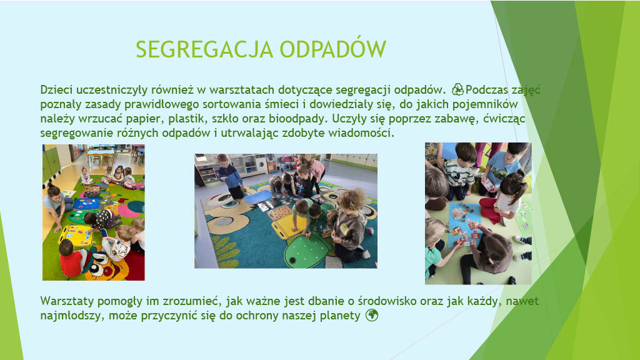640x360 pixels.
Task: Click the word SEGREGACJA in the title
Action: click(204, 49)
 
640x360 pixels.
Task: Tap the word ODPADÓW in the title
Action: click(332, 49)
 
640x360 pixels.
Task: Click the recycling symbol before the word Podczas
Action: click(457, 89)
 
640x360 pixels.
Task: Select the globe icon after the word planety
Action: click(372, 315)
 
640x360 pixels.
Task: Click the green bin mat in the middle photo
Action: click(307, 251)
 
